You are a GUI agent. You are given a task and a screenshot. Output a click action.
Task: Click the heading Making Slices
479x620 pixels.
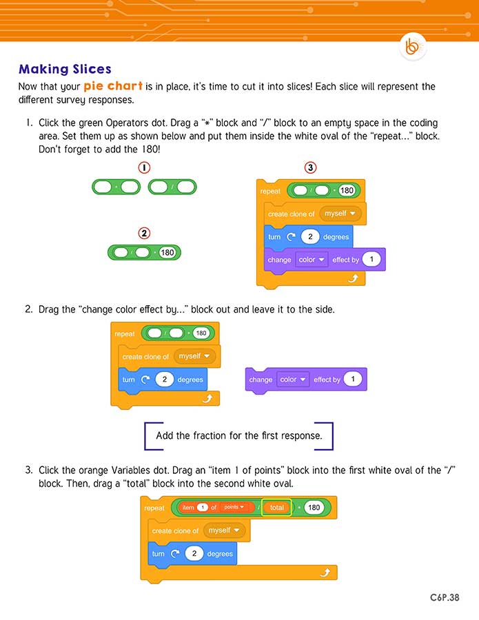[x=65, y=69]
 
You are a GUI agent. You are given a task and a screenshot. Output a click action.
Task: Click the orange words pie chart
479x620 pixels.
[x=114, y=87]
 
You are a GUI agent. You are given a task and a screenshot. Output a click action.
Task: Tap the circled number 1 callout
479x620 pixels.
[x=144, y=167]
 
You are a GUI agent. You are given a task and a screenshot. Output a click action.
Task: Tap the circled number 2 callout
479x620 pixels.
[x=144, y=233]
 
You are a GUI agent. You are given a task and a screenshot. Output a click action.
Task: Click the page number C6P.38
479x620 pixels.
[x=440, y=598]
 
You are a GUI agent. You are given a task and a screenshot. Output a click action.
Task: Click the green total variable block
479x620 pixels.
[x=277, y=508]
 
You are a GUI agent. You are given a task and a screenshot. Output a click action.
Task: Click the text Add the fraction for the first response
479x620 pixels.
[x=238, y=435]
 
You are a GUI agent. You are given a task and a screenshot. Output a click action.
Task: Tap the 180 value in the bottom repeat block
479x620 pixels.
[x=314, y=508]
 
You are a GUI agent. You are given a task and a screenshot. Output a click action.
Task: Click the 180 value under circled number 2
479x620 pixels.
[x=167, y=253]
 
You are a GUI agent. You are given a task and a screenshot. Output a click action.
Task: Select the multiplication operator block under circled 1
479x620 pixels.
[x=116, y=187]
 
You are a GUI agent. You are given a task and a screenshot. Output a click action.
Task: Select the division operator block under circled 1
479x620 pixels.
[x=172, y=187]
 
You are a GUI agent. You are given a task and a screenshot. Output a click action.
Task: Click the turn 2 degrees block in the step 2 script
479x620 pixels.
[x=162, y=380]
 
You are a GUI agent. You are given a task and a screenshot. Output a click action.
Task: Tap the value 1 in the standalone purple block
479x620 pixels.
[x=353, y=380]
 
